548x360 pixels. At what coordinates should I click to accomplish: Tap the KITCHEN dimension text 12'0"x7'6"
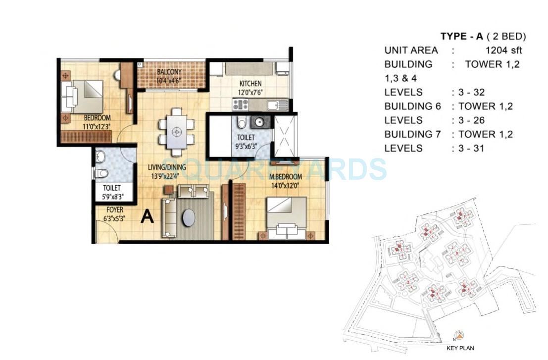pos(250,93)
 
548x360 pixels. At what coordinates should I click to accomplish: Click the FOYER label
pos(114,210)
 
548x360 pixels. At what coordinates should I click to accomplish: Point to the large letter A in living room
pos(147,216)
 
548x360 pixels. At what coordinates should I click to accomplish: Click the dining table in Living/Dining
pos(177,132)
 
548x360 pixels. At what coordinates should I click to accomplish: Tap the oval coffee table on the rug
pos(189,218)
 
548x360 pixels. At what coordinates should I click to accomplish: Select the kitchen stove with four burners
pos(241,104)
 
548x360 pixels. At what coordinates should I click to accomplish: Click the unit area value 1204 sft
pos(503,50)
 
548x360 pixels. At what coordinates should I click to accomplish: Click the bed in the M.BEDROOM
pos(287,217)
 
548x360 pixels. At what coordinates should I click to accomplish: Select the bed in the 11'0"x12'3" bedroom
pos(83,97)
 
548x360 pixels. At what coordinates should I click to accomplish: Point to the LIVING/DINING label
pos(169,167)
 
